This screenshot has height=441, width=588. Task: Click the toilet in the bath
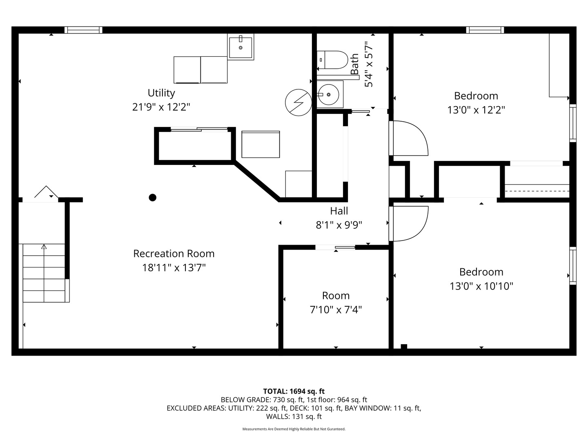332,60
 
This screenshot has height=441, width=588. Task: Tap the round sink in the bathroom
329,95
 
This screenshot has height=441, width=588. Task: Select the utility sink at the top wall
241,47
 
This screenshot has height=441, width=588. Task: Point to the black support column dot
152,198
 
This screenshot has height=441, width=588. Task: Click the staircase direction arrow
44,247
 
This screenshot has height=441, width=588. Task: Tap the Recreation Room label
174,254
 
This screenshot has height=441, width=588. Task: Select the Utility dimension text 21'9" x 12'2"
161,107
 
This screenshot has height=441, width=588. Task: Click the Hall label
339,211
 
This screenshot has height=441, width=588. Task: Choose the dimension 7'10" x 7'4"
336,310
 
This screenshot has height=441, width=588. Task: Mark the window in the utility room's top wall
83,30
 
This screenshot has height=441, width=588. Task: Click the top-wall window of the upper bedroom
485,30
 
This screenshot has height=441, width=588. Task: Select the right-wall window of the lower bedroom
573,266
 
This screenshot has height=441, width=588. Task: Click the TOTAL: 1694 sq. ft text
294,391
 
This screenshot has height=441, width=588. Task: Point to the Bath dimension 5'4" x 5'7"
369,64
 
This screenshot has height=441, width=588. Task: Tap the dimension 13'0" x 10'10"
481,286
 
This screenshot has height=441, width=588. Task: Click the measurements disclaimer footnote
294,429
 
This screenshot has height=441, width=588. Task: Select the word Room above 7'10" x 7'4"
336,296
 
